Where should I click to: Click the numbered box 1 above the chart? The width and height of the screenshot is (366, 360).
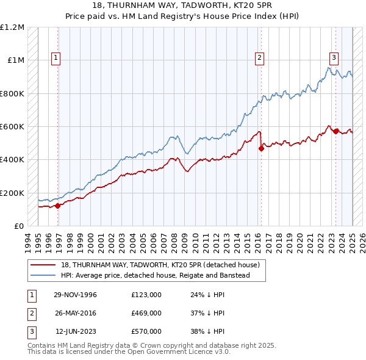click(56, 58)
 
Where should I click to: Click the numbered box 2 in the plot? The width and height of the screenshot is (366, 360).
click(259, 58)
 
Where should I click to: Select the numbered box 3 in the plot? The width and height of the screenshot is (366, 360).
click(334, 58)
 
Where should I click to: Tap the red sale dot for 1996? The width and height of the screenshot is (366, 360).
click(58, 206)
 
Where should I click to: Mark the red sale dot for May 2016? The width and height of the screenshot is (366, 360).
click(261, 148)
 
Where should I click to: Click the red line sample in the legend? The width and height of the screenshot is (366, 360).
click(43, 265)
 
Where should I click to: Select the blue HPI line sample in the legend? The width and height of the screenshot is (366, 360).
click(43, 276)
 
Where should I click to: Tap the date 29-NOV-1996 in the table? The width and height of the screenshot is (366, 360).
click(75, 295)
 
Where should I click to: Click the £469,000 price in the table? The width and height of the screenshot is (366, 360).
click(146, 313)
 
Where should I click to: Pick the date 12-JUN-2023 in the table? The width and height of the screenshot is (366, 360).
click(76, 331)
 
